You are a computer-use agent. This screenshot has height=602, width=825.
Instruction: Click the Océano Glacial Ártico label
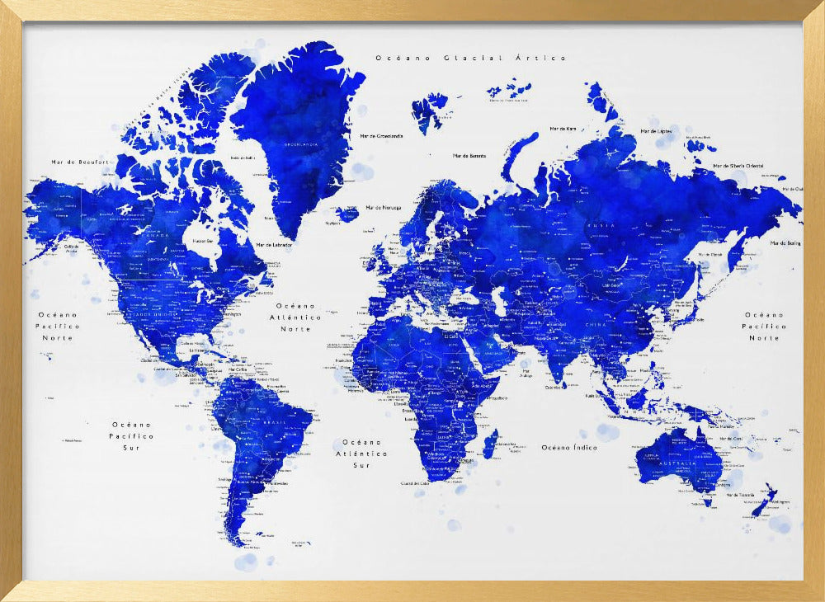471,58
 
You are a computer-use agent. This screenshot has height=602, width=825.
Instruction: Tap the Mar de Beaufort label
80,162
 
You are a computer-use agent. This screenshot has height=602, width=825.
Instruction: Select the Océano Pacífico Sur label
132,435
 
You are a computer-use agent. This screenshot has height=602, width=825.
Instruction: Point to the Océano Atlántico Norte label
295,317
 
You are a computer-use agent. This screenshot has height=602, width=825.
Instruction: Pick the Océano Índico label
568,447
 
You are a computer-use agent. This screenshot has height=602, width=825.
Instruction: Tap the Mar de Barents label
469,155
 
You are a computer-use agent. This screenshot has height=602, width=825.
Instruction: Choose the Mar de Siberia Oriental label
738,166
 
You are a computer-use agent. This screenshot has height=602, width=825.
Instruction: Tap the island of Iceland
347,214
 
